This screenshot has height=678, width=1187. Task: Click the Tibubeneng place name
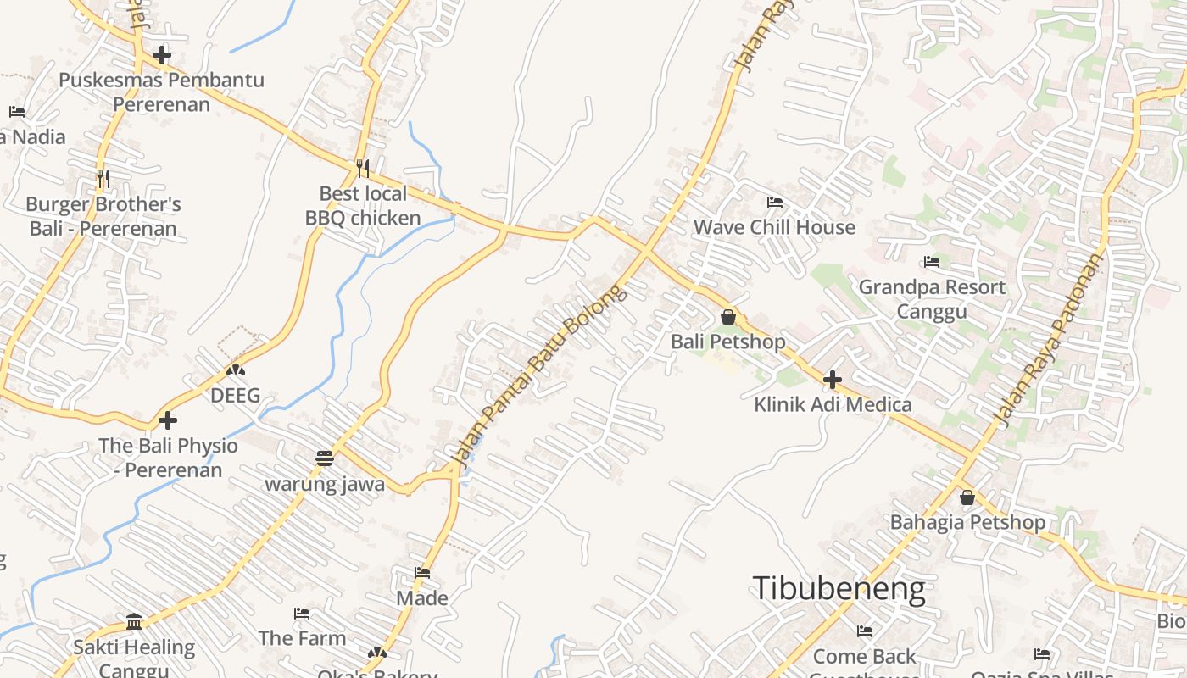(839, 587)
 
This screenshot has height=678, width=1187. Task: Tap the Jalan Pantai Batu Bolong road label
(539, 374)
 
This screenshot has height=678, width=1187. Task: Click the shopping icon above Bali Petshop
(727, 317)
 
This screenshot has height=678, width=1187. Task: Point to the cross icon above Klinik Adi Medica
(833, 379)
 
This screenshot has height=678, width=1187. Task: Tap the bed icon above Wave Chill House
(774, 203)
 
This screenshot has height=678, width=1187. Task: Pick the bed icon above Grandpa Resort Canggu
(932, 262)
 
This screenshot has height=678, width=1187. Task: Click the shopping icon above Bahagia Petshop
(967, 497)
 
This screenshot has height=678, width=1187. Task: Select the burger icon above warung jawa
(324, 458)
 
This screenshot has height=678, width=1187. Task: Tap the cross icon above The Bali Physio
(168, 420)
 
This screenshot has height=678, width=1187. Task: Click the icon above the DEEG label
(236, 370)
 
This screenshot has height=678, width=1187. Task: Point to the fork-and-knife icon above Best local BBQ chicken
(363, 168)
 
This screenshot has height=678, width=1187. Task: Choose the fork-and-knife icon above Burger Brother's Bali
(103, 178)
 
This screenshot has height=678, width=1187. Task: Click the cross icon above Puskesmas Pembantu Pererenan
(161, 55)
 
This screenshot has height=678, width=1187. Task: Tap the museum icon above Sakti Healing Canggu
(134, 622)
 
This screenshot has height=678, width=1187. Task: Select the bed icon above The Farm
(302, 613)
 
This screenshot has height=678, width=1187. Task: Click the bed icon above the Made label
(422, 573)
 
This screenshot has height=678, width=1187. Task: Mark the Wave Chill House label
(774, 227)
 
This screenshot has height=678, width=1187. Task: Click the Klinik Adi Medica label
(833, 404)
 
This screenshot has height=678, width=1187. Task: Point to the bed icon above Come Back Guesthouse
(865, 631)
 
